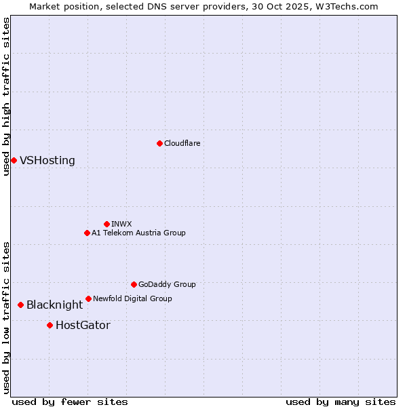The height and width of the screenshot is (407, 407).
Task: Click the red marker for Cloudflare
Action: click(159, 143)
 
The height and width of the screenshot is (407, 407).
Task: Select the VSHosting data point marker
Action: click(14, 160)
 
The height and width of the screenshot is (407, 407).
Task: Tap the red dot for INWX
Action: click(106, 224)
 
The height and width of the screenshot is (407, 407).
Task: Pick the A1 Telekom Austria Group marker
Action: click(87, 233)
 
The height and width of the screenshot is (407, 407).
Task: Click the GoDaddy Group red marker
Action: click(134, 284)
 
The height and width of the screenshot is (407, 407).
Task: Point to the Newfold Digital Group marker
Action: click(88, 298)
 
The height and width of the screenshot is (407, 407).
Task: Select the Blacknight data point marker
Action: click(20, 305)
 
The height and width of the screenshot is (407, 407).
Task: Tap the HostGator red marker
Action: click(50, 325)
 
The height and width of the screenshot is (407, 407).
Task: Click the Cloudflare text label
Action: click(182, 143)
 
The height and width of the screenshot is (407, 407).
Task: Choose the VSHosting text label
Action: click(47, 161)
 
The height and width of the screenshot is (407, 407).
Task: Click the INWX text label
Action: click(122, 224)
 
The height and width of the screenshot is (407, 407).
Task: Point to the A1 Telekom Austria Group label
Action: click(138, 233)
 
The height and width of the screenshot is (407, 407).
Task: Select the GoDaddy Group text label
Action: click(167, 284)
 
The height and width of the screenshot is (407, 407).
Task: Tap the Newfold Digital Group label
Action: click(132, 298)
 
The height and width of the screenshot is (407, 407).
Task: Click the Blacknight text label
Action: click(54, 305)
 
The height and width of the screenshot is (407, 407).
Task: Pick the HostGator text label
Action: click(83, 326)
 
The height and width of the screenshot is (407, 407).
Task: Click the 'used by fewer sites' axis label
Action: click(70, 402)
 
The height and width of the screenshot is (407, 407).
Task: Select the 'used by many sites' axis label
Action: click(341, 402)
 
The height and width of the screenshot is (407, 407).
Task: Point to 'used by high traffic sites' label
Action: click(6, 97)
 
